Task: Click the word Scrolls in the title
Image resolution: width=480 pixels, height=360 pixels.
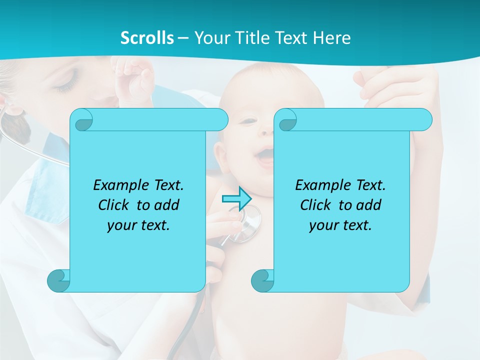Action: point(147,38)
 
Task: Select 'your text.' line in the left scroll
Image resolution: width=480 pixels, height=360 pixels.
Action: point(138,225)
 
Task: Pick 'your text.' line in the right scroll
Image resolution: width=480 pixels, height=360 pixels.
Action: point(340,225)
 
